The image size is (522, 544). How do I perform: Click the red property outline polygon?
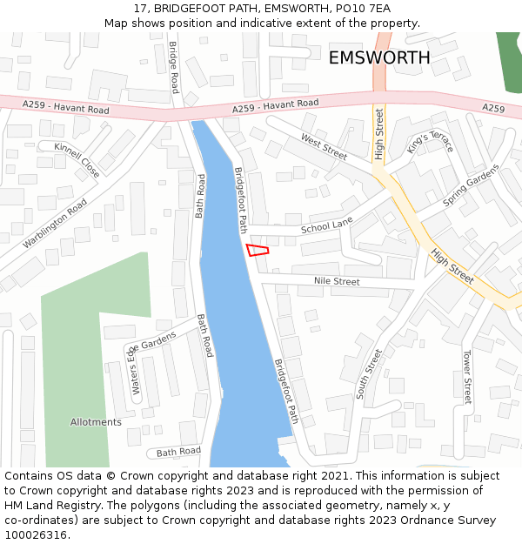click(x=257, y=250)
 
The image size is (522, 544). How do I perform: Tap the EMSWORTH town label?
click(x=378, y=57)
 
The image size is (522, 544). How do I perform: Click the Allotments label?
click(x=96, y=422)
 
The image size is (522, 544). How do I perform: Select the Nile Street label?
click(x=337, y=282)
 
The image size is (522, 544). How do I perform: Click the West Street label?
click(x=324, y=147)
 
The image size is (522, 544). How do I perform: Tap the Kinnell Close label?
click(x=77, y=160)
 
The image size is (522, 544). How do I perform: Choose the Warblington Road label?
click(x=55, y=223)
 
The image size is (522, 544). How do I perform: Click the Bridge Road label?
click(x=173, y=67)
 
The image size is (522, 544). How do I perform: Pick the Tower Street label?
click(x=467, y=377)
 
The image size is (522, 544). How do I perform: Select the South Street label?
click(x=369, y=374)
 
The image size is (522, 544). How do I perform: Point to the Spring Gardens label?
click(x=472, y=185)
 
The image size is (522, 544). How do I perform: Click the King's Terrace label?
click(x=430, y=137)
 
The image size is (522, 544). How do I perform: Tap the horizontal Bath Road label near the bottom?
click(x=178, y=452)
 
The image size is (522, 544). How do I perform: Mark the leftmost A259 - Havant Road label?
click(x=66, y=108)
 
